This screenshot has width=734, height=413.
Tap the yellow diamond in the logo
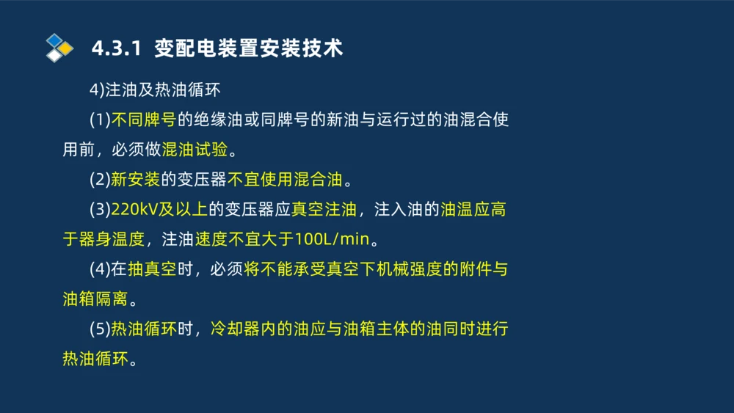[66, 48]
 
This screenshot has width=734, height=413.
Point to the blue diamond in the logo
[55, 40]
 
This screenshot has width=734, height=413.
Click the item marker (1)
[100, 120]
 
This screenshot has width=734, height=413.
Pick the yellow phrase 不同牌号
[143, 120]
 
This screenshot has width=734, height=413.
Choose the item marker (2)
[100, 180]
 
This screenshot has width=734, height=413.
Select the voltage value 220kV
[135, 210]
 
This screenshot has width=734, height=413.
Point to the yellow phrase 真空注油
[324, 210]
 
